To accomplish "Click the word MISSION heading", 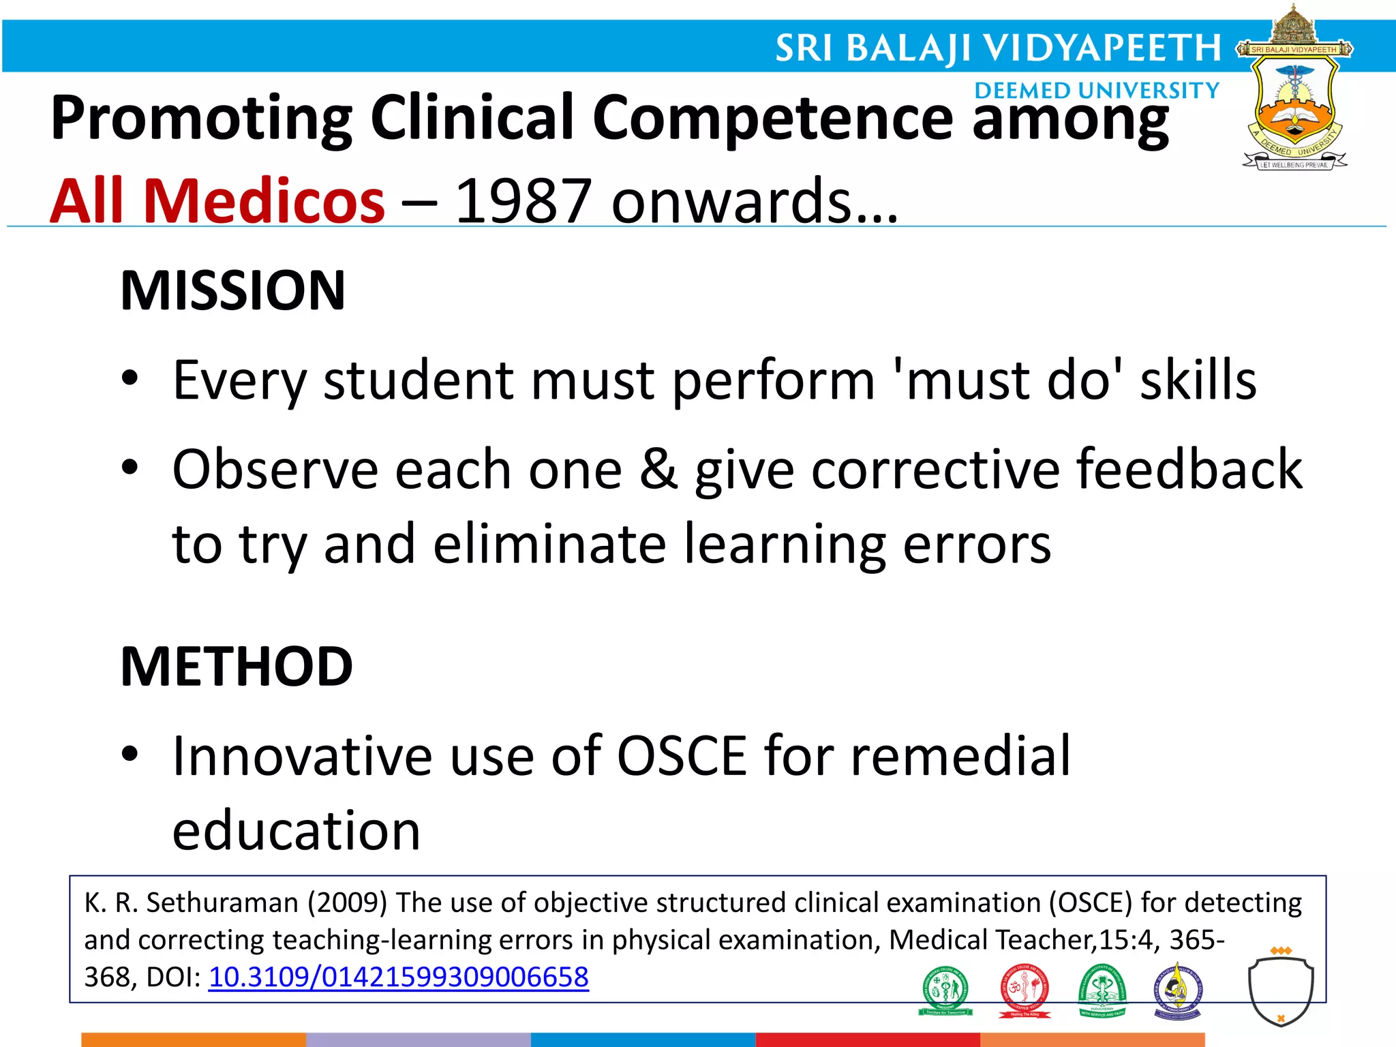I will coord(232,291).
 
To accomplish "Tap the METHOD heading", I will coord(236,667).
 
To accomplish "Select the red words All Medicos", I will coord(217,201).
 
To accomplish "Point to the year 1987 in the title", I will coord(522,201).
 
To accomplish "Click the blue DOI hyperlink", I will coord(398,977).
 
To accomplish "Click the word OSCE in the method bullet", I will coord(681,756).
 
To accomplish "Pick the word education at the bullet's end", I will coord(297,831).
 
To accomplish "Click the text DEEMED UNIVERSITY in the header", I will coord(1096,91).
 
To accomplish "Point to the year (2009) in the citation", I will coord(347,902).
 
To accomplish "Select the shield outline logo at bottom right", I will coord(1280,989).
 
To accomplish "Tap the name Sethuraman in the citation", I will coord(222,902).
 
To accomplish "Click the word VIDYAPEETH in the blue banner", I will coord(1102,48).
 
